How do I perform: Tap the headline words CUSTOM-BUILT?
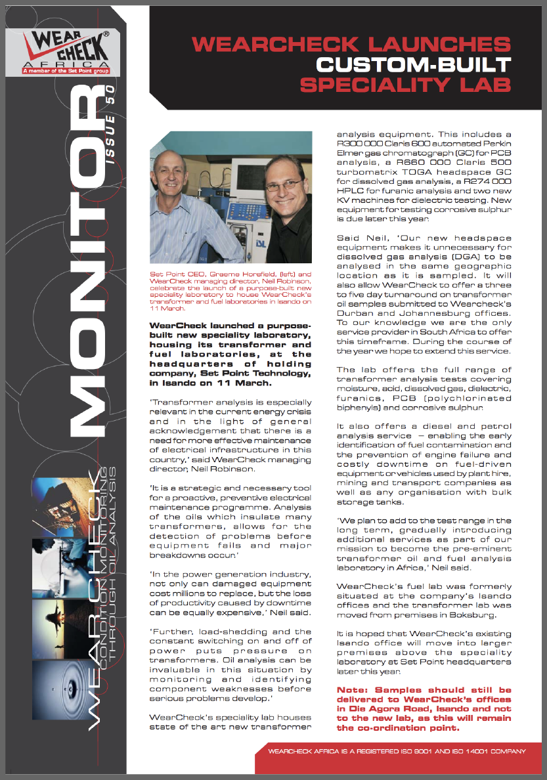413,64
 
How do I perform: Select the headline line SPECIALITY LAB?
405,85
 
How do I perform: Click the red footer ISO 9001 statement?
397,752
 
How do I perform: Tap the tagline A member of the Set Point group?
66,70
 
